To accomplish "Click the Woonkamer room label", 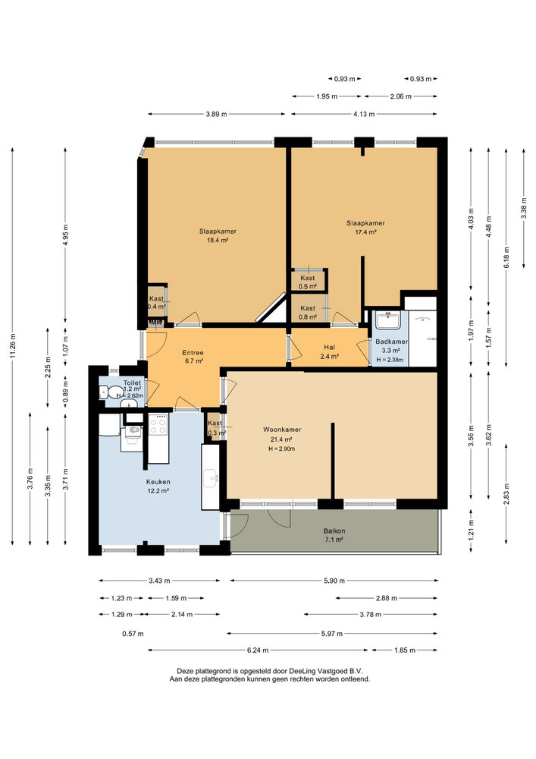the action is coord(282,430).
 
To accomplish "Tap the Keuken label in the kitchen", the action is coord(158,482).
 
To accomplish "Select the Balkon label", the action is coord(334,531).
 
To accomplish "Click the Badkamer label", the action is coord(391,342).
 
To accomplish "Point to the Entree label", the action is coord(193,352).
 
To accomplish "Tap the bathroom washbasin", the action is coord(389,320).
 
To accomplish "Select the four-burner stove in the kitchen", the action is coord(158,424).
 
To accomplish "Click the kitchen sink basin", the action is coord(212,478).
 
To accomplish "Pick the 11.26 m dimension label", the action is coord(13,346).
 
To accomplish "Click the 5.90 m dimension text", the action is coord(334,581).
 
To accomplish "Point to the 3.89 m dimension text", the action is coord(215,115).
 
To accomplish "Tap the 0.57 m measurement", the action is coord(133,634).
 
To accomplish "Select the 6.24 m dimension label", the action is coord(258,650).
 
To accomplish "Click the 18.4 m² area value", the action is coord(218,240).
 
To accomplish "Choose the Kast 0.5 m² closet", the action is coord(308,281).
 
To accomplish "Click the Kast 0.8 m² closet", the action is coord(308,309).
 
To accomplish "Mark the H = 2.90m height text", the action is coord(282,449).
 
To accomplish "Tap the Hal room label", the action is coord(329,347).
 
